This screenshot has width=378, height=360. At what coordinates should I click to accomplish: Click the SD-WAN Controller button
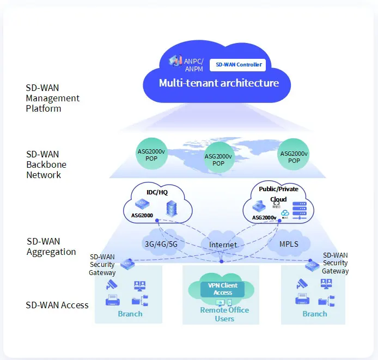[238, 65]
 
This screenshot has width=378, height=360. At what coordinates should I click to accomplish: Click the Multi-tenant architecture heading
[218, 83]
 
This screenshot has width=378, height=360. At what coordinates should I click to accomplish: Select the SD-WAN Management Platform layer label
[52, 98]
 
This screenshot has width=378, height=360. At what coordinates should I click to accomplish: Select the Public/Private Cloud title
[278, 194]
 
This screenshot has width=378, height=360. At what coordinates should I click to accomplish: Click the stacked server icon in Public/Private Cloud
[300, 210]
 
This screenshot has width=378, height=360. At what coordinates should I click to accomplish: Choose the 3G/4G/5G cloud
[161, 244]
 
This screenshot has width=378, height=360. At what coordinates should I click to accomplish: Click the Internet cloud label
[223, 245]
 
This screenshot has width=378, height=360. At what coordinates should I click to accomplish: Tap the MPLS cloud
[289, 244]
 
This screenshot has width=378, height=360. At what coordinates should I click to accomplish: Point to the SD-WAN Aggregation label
[51, 246]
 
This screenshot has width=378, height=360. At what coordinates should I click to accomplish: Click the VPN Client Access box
[223, 289]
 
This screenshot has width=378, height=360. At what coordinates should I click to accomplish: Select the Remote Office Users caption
[224, 314]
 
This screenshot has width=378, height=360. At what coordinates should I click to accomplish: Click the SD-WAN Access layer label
[57, 305]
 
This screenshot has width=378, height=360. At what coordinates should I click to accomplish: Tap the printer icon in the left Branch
[113, 300]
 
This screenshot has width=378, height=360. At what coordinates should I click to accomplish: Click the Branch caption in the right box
[315, 314]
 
